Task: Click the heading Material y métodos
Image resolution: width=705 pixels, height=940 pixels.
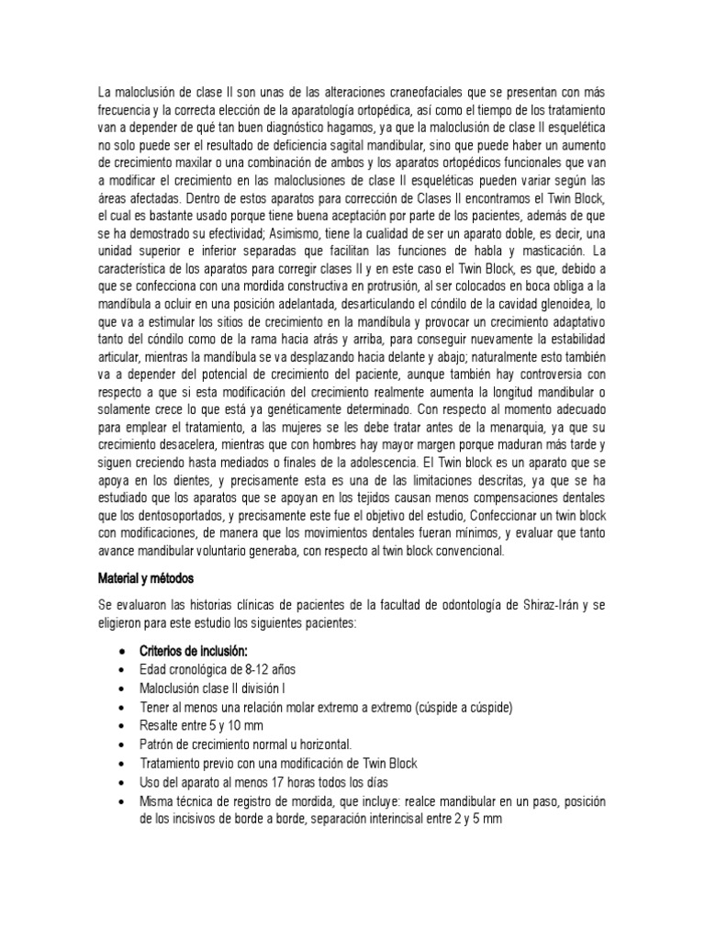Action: tap(146, 580)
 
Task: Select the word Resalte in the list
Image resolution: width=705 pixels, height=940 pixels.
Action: tap(162, 725)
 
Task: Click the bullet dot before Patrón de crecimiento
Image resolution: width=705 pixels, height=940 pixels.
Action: tap(123, 744)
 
